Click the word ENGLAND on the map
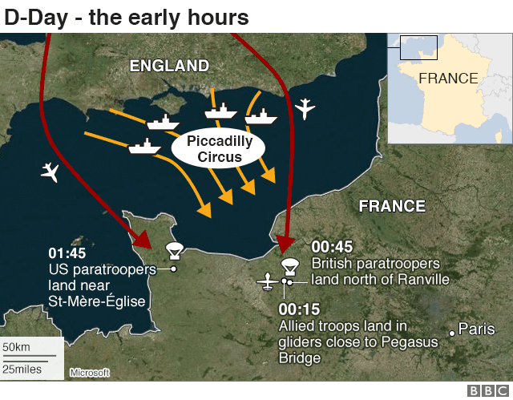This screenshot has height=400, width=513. pyautogui.click(x=169, y=66)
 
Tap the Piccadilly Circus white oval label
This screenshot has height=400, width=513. pyautogui.click(x=214, y=149)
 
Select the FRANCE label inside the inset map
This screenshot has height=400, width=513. pyautogui.click(x=448, y=79)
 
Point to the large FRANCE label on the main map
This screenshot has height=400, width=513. pyautogui.click(x=392, y=206)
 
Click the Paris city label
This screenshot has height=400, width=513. pyautogui.click(x=477, y=329)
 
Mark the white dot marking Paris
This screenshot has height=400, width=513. pyautogui.click(x=453, y=331)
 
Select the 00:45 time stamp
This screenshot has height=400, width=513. pyautogui.click(x=332, y=247)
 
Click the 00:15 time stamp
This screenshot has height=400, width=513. pyautogui.click(x=299, y=309)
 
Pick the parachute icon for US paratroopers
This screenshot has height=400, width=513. pyautogui.click(x=172, y=251)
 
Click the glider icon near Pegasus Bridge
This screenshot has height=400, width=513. pyautogui.click(x=268, y=281)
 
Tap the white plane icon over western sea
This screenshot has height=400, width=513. pyautogui.click(x=50, y=172)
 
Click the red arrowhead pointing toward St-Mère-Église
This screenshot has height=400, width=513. pyautogui.click(x=142, y=238)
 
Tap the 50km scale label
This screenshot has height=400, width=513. pyautogui.click(x=17, y=347)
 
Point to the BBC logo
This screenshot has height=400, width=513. pyautogui.click(x=486, y=390)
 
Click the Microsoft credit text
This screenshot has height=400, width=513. pyautogui.click(x=88, y=373)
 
